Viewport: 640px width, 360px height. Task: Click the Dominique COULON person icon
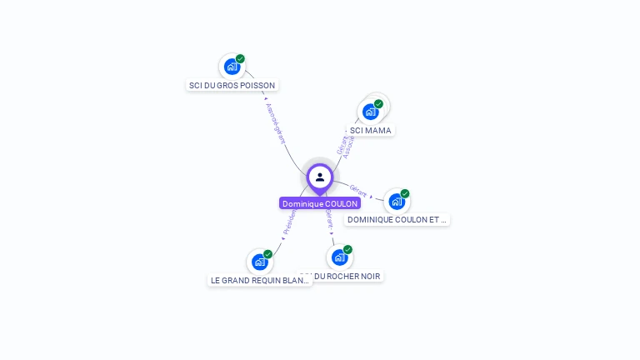[x=319, y=177]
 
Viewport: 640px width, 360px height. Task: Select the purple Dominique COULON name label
[x=320, y=203]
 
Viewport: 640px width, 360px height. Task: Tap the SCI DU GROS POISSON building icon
[x=232, y=67]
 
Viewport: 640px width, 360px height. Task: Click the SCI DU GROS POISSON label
[x=232, y=85]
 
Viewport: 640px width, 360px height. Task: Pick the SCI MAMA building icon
[x=370, y=112]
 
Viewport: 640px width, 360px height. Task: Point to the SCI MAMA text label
[x=370, y=130]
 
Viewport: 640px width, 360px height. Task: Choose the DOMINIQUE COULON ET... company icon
[x=397, y=202]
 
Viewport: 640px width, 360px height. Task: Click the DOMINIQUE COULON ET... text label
[x=397, y=220]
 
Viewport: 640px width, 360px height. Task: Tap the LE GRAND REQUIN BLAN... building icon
[x=259, y=262]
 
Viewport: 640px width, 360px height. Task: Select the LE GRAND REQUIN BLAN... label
[x=260, y=281]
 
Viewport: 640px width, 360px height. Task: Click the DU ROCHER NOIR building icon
[x=339, y=257]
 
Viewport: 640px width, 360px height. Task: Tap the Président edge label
[x=288, y=221]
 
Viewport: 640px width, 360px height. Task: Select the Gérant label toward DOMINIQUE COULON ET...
[x=359, y=191]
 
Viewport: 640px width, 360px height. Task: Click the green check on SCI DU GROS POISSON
[x=240, y=59]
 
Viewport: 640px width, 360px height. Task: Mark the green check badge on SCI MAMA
[x=378, y=104]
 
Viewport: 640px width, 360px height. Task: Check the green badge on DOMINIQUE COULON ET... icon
[x=405, y=194]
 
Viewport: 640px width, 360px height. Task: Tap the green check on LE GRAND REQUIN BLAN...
[x=267, y=254]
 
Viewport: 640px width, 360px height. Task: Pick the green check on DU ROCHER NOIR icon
[x=347, y=249]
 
